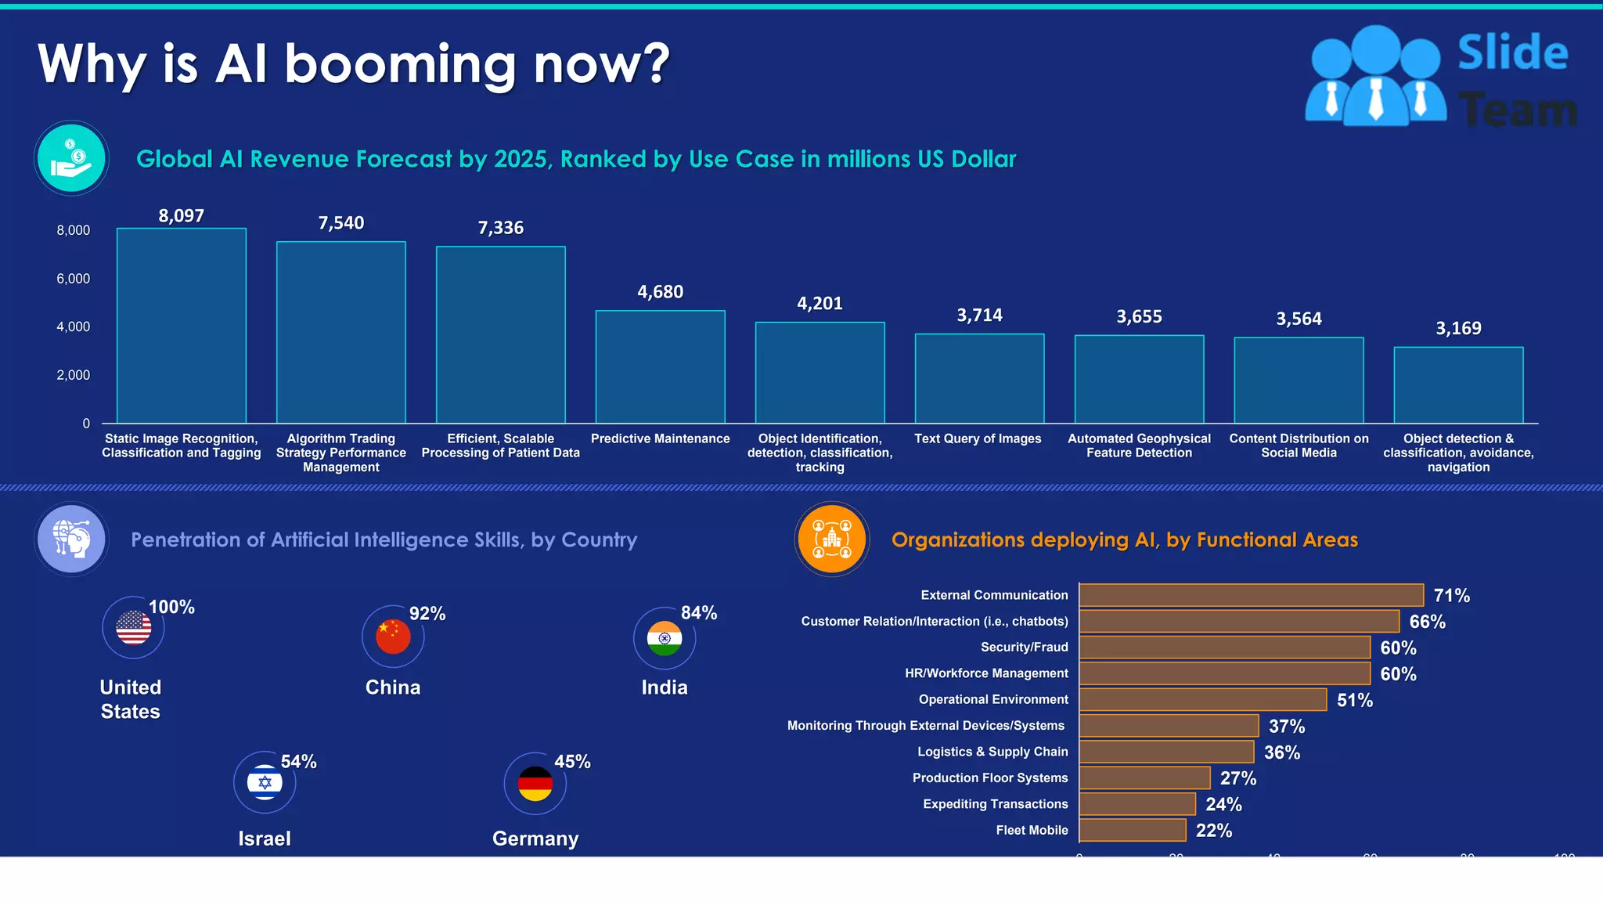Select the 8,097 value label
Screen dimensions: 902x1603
pos(181,216)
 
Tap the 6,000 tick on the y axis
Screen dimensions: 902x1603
pos(73,279)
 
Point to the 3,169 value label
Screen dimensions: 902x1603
pos(1458,329)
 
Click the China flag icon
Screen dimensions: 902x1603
pos(393,637)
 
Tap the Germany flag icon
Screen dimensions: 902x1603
pos(535,784)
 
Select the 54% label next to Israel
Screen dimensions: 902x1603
pos(298,762)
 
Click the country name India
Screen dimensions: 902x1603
pos(665,687)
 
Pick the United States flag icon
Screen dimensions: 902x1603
pos(134,628)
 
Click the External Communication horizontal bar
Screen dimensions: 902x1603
pos(1251,595)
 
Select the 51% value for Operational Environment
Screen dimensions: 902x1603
pos(1354,700)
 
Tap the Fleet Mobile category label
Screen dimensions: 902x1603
pos(1032,830)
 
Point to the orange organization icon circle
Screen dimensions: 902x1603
pos(832,539)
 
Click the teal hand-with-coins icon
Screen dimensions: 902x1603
pos(71,158)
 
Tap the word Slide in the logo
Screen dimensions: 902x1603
pos(1512,53)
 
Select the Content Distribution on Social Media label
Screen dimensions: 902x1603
pos(1299,446)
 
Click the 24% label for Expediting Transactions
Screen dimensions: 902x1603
pos(1223,804)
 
